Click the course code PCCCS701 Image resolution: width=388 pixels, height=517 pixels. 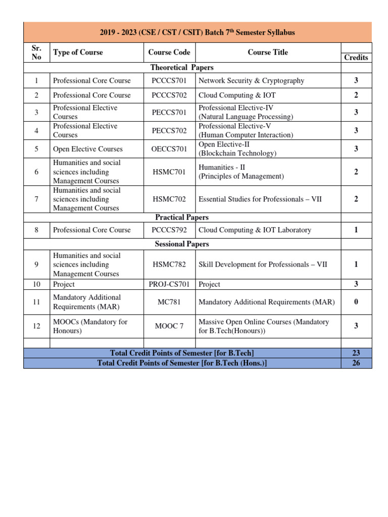[x=169, y=81]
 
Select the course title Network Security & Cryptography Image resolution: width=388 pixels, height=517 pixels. [x=251, y=81]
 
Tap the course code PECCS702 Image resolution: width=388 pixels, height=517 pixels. [x=169, y=130]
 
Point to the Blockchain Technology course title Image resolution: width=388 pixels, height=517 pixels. [x=237, y=153]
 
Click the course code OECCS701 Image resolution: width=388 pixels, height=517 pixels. [x=169, y=149]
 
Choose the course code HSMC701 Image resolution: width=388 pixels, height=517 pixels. [x=169, y=172]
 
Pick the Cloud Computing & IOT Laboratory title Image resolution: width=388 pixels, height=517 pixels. [x=255, y=230]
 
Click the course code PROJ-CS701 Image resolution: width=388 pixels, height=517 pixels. [x=169, y=284]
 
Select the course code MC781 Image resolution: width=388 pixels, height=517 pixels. [x=169, y=302]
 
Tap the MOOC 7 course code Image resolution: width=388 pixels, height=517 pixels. [x=169, y=326]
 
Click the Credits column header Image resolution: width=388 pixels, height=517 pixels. [x=356, y=58]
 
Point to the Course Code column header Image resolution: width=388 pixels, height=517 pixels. [x=169, y=53]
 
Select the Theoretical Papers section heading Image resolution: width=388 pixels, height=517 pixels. [x=182, y=68]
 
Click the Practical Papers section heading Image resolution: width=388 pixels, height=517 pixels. [x=182, y=218]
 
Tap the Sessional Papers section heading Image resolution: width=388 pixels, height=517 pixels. [x=182, y=244]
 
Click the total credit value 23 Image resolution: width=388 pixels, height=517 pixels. [x=356, y=353]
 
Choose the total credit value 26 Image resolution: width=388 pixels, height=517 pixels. [x=356, y=363]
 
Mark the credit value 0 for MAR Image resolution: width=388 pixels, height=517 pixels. [x=356, y=302]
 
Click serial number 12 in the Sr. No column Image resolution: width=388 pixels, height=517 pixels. [x=36, y=326]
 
